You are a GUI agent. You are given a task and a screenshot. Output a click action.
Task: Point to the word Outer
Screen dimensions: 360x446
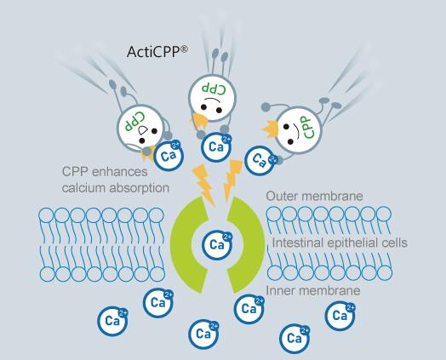tap(283, 197)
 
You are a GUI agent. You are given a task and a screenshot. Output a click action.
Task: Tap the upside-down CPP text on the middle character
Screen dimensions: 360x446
tap(214, 88)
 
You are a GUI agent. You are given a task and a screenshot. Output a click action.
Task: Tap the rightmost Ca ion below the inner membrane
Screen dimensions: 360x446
tap(339, 316)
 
